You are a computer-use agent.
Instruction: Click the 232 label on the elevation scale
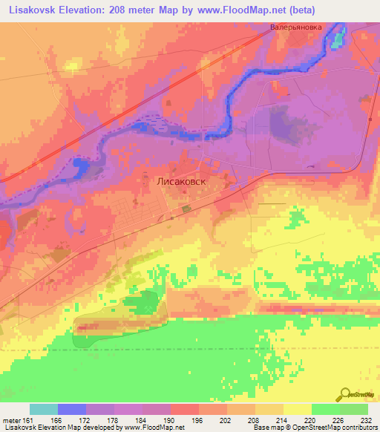366,421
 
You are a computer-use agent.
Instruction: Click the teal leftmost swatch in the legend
44,409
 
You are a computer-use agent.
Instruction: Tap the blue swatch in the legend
72,409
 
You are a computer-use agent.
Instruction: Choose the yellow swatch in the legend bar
297,409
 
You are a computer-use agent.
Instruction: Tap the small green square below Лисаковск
185,209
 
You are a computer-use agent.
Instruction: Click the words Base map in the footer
266,428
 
